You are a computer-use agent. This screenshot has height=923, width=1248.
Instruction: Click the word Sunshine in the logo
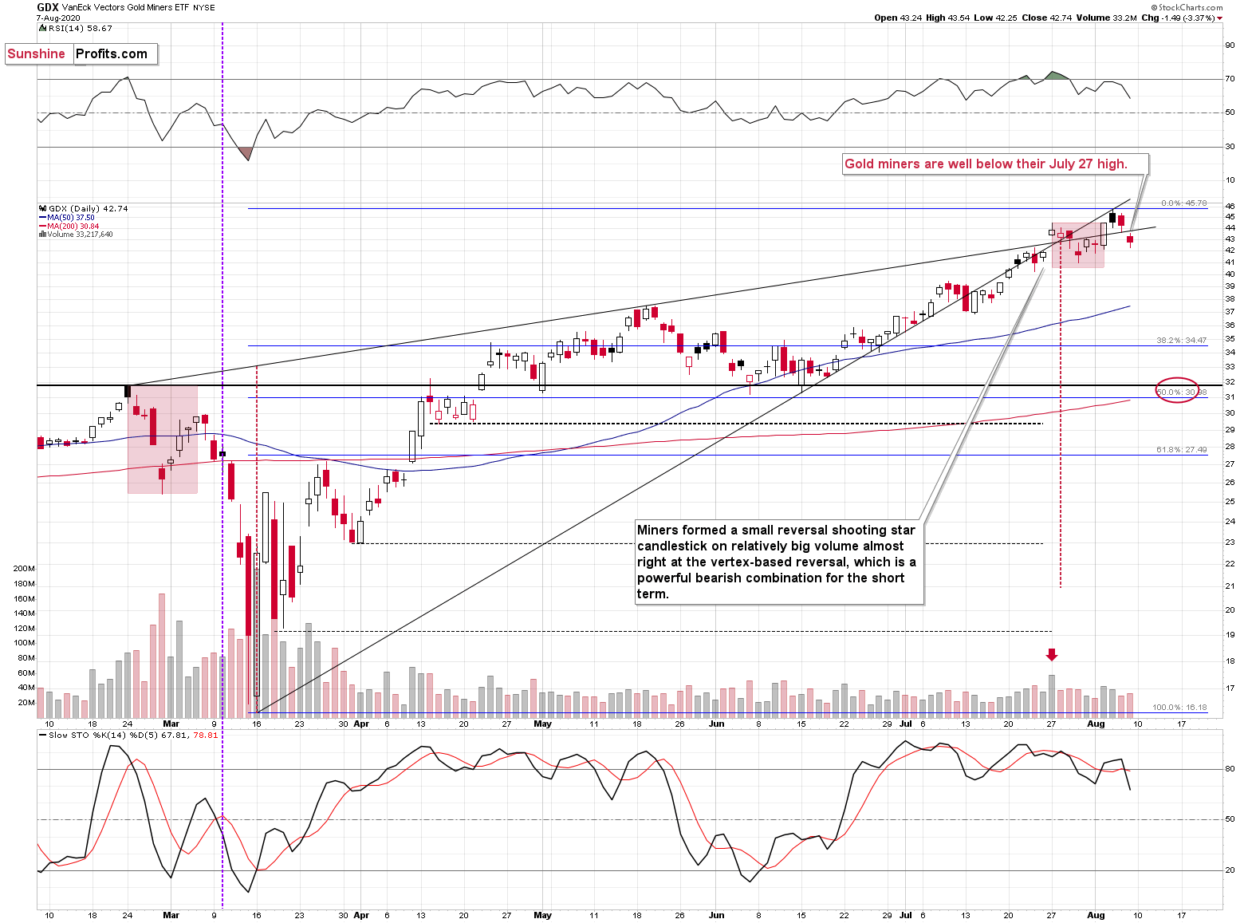tap(37, 54)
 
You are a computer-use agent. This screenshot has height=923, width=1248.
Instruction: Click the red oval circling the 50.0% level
tap(1177, 390)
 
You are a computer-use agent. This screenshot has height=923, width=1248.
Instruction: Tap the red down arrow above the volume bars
tap(1052, 655)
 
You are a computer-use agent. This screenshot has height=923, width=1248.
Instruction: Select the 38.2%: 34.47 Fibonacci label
tap(1181, 341)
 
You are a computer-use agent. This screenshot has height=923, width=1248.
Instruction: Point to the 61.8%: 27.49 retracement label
tap(1181, 450)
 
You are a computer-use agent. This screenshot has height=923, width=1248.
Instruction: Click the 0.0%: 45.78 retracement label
tap(1183, 203)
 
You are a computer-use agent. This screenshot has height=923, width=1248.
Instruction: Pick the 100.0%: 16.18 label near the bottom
tap(1179, 708)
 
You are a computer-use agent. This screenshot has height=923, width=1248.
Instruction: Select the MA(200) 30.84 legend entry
tap(73, 227)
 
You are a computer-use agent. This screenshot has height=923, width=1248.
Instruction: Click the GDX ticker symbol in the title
tap(48, 7)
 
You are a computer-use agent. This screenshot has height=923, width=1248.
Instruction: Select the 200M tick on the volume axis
tap(24, 569)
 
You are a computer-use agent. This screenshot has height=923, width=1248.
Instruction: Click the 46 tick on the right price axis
tap(1230, 207)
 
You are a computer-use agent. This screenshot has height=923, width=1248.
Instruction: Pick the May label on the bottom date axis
tap(542, 915)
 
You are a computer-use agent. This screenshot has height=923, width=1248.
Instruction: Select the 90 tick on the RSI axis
tap(1230, 45)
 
